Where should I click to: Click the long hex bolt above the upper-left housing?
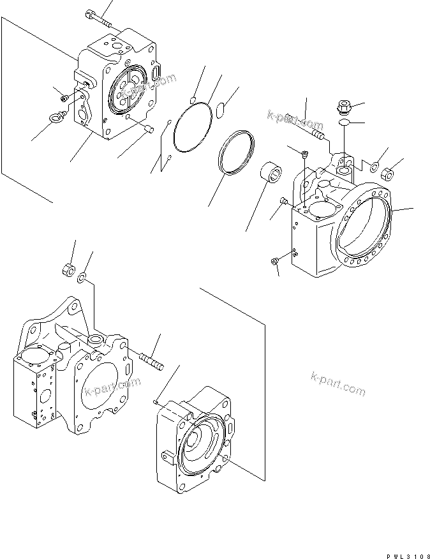[x=99, y=19]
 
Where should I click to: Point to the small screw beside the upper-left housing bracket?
[x=65, y=98]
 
